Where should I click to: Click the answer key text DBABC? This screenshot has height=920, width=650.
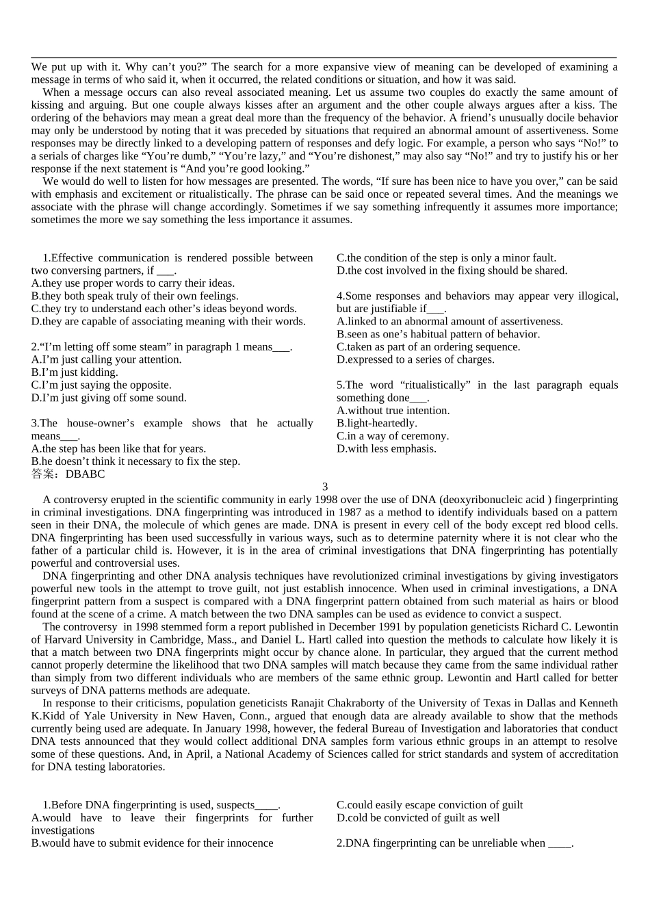coord(86,474)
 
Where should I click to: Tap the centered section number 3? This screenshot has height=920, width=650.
coord(325,487)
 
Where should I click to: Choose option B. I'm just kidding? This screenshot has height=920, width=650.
coord(75,372)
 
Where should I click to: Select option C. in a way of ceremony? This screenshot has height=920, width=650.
coord(393,436)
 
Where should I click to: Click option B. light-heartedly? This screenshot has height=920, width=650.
coord(377,423)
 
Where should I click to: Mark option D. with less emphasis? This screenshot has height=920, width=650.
coord(387,449)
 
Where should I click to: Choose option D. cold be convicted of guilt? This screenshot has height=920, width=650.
coord(418,818)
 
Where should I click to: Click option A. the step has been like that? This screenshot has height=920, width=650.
coord(118,449)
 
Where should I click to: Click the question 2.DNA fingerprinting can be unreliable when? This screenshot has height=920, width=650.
coord(455,843)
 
